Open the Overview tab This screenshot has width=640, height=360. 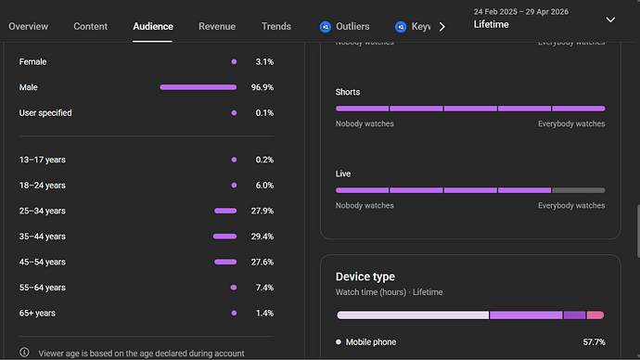(x=28, y=27)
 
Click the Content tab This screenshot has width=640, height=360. (x=90, y=27)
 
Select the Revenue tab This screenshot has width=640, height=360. (x=217, y=27)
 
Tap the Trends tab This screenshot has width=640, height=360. (x=275, y=27)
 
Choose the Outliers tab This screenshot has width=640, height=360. (x=344, y=27)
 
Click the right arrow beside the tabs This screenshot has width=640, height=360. (x=442, y=27)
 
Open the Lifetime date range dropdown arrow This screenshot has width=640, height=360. (x=610, y=19)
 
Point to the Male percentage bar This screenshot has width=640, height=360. (x=198, y=87)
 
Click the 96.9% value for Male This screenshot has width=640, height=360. (x=262, y=87)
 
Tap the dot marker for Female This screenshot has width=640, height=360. (x=234, y=62)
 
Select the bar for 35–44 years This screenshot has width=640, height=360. (x=224, y=237)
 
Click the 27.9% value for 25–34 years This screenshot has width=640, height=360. (x=262, y=211)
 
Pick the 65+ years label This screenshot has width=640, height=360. (x=37, y=313)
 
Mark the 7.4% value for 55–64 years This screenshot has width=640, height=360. (x=264, y=288)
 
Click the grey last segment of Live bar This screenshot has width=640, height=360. (x=579, y=190)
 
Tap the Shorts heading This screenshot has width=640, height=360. (x=348, y=92)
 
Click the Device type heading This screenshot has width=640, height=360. (x=365, y=276)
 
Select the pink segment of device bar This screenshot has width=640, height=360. (x=595, y=315)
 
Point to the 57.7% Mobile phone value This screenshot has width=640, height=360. (x=594, y=342)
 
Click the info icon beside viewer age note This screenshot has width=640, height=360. (x=24, y=353)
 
